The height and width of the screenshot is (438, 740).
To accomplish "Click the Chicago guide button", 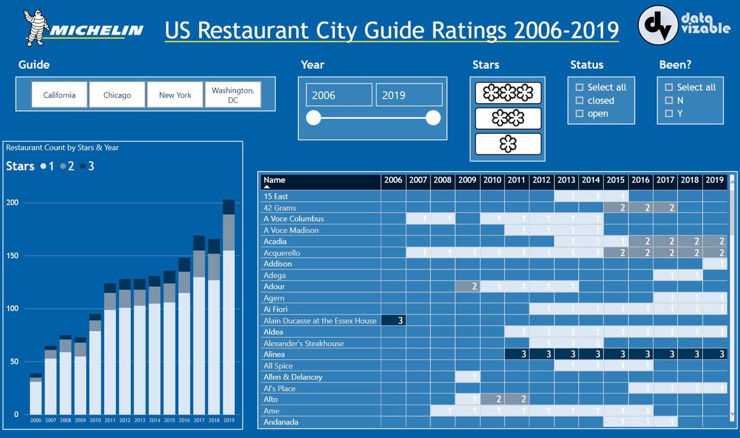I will coord(117,95).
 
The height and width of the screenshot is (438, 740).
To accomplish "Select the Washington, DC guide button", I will coord(232,95).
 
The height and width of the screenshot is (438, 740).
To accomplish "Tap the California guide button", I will coord(59,95).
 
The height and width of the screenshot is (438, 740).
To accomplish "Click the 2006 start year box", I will coord(339,95).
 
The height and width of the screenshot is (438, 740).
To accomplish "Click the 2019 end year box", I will coord(409,95).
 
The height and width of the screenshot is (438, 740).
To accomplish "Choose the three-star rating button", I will coord(508,93).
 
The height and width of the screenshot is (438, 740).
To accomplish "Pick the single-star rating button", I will coord(508,144).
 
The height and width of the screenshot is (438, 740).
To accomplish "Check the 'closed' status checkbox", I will coord(580,101).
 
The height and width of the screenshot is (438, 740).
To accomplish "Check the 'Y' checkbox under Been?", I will coord(669,114).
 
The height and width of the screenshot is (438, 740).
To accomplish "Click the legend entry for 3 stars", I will coord(87,166).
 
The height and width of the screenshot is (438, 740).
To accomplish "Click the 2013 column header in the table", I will coord(566,181).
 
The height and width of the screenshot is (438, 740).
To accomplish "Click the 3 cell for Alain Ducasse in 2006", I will coord(393,321).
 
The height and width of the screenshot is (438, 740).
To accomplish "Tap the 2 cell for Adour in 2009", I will coord(467,287).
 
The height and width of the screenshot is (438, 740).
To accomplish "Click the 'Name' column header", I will coord(275,181).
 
